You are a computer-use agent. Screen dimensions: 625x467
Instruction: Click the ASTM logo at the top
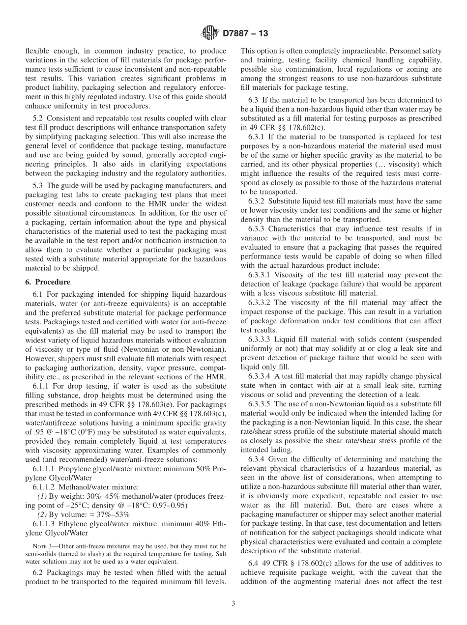pyautogui.click(x=210, y=34)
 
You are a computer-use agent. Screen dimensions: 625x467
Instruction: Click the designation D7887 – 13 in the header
pyautogui.click(x=245, y=34)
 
